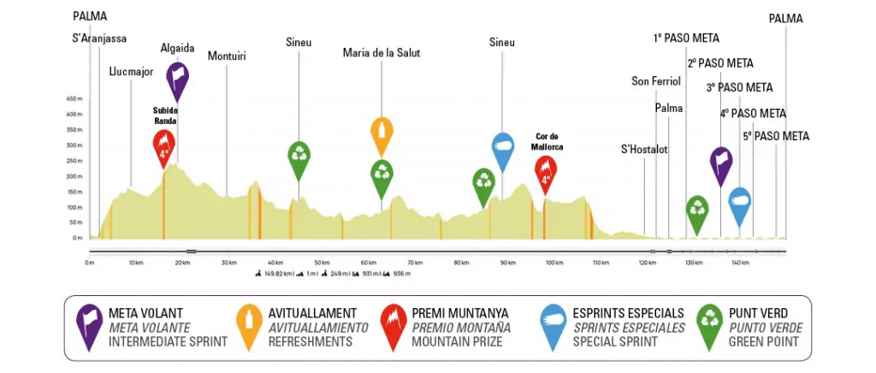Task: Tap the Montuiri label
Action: click(227, 56)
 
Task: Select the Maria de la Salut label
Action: click(382, 53)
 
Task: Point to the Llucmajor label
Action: click(131, 72)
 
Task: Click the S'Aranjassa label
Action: click(100, 38)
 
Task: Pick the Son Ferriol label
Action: click(655, 81)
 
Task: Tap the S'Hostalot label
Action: click(644, 149)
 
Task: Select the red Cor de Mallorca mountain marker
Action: click(546, 172)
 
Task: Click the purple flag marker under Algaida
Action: click(178, 78)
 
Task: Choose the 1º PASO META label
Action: click(686, 38)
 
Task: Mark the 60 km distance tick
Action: click(369, 263)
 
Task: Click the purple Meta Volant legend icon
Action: click(86, 326)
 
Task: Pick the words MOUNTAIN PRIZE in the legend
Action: click(461, 341)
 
